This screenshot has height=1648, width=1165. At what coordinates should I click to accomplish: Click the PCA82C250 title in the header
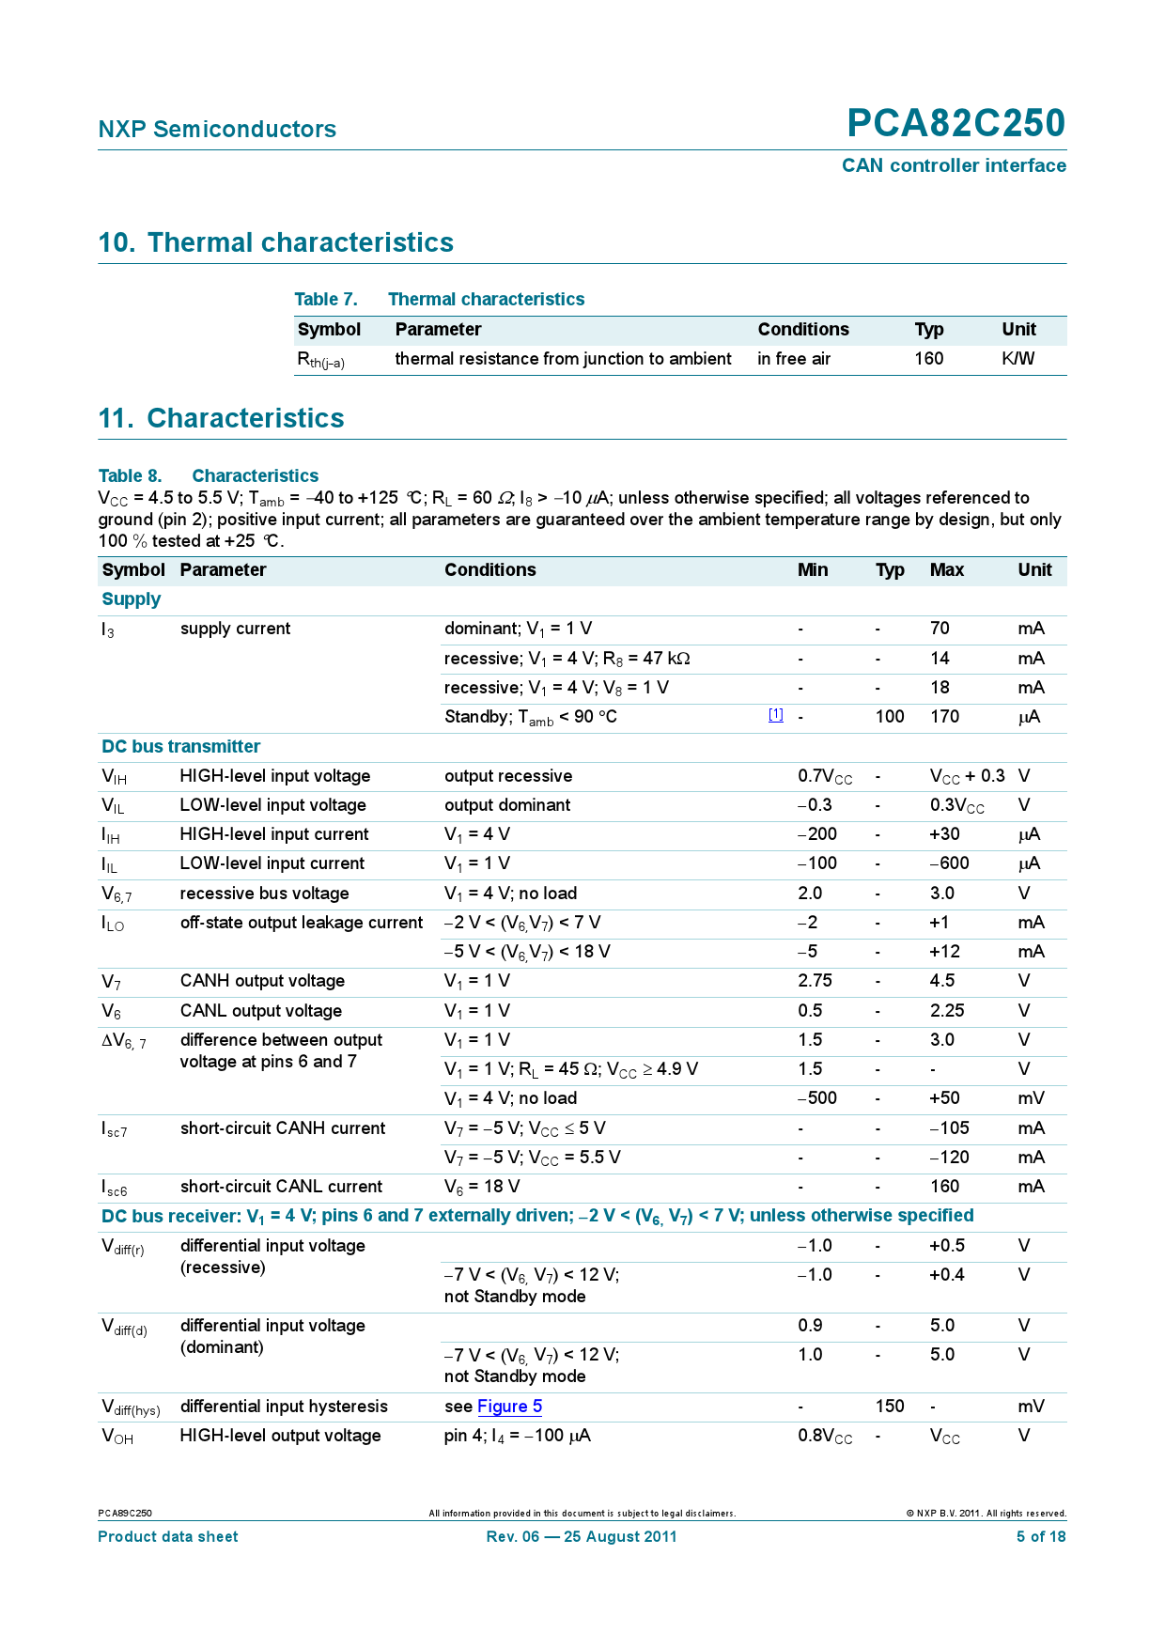pyautogui.click(x=955, y=123)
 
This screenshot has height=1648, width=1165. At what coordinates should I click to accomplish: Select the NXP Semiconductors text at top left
pyautogui.click(x=217, y=130)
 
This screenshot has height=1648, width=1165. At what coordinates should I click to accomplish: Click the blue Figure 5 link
pyautogui.click(x=509, y=1407)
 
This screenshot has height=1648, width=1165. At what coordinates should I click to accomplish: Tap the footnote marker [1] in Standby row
pyautogui.click(x=775, y=715)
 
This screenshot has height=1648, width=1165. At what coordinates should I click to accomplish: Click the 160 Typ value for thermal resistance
pyautogui.click(x=928, y=359)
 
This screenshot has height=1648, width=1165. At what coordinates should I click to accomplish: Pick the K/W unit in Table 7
pyautogui.click(x=1017, y=359)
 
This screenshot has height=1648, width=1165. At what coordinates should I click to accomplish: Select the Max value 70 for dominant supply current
pyautogui.click(x=940, y=629)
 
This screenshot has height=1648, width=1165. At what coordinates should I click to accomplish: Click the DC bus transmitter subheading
pyautogui.click(x=180, y=747)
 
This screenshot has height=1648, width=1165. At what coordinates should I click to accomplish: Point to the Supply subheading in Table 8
pyautogui.click(x=131, y=599)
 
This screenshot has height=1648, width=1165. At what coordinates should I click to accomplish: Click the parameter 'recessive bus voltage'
pyautogui.click(x=264, y=894)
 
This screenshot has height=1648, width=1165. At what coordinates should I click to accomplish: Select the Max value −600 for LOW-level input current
pyautogui.click(x=949, y=863)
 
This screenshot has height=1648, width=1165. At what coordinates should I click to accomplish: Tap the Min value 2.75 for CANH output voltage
pyautogui.click(x=815, y=981)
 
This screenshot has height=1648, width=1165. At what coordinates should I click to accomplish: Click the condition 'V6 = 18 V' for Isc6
pyautogui.click(x=481, y=1187)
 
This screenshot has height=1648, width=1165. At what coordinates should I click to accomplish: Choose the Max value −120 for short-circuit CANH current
pyautogui.click(x=949, y=1158)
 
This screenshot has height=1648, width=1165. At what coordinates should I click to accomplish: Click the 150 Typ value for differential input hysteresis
pyautogui.click(x=889, y=1407)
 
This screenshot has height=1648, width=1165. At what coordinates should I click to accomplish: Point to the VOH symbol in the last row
pyautogui.click(x=117, y=1437)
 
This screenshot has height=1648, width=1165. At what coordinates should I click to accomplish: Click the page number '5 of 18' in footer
pyautogui.click(x=1040, y=1537)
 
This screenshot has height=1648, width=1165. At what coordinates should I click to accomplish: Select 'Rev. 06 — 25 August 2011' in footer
pyautogui.click(x=581, y=1537)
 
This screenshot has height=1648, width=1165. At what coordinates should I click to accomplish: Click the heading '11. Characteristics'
pyautogui.click(x=221, y=418)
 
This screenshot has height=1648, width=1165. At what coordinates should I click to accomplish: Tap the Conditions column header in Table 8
pyautogui.click(x=489, y=570)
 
